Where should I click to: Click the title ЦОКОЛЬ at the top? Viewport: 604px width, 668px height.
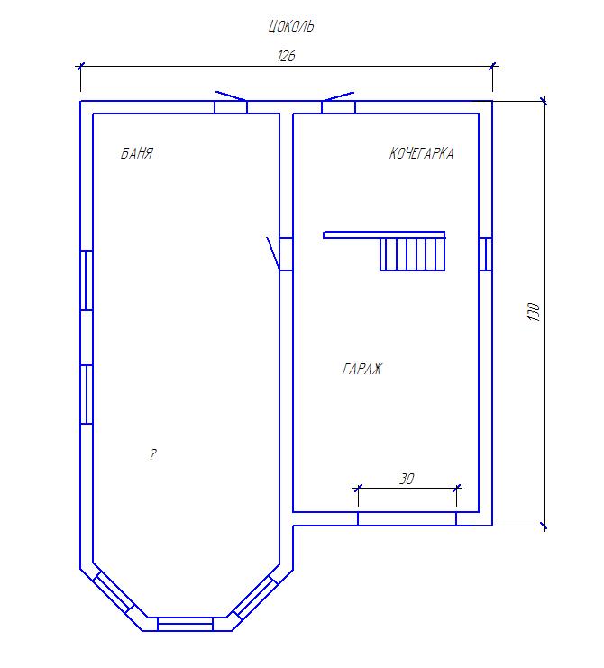291,26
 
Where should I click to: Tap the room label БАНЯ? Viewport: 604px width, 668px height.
137,153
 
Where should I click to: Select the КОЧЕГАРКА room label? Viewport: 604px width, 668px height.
421,153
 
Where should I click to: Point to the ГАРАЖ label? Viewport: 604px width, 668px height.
362,369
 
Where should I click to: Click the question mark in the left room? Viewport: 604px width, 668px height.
153,454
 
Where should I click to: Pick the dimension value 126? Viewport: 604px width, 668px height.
287,56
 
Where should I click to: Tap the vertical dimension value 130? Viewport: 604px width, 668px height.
534,311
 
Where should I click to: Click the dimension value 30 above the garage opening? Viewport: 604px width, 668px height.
407,479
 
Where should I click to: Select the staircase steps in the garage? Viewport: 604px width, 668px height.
412,254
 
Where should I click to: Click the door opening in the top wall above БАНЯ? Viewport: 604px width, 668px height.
231,107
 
